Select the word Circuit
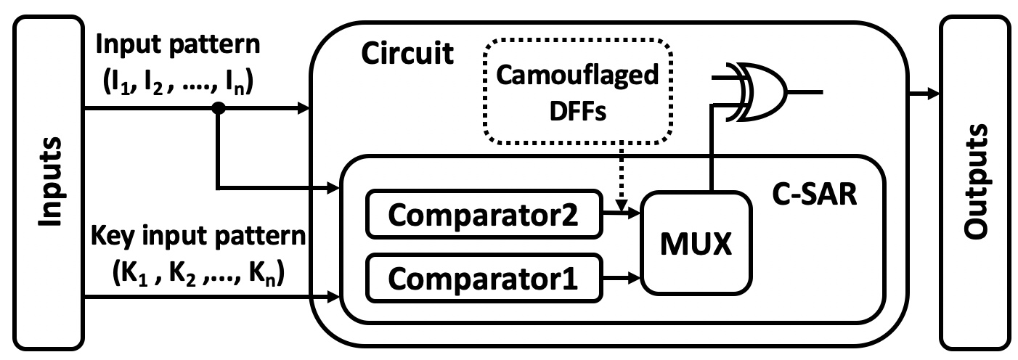(407, 53)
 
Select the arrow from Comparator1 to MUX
(622, 277)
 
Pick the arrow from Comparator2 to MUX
(622, 213)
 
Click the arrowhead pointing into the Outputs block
(933, 94)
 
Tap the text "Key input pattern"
(200, 239)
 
